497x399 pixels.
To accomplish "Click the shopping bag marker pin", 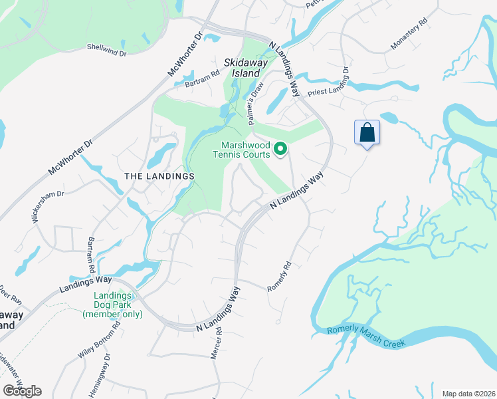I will click(x=367, y=132).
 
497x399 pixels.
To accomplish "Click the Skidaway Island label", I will click(x=246, y=68).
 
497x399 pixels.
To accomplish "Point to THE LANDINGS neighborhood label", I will click(x=159, y=176).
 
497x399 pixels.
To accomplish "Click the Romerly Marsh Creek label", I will click(x=366, y=338).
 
